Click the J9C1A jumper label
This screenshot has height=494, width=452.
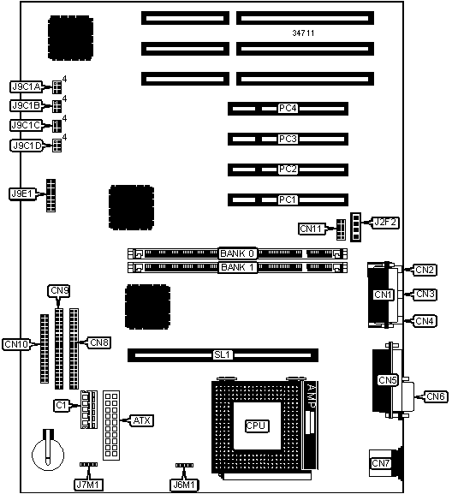[x=27, y=87]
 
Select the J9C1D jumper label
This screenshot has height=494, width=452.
[x=27, y=146]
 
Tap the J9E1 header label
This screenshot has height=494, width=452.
[x=21, y=194]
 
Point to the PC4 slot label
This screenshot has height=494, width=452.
[x=288, y=109]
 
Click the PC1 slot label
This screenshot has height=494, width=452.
[x=288, y=199]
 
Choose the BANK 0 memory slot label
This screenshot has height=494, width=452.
[x=237, y=253]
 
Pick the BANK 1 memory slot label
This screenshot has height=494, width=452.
[x=237, y=267]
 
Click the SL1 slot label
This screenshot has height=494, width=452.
[x=223, y=355]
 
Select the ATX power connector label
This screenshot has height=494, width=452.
[x=142, y=420]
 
